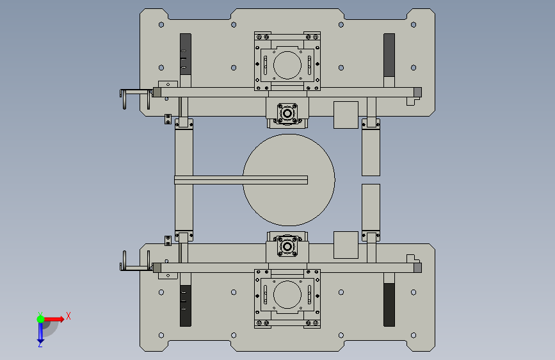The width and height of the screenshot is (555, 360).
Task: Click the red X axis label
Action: tap(68, 316)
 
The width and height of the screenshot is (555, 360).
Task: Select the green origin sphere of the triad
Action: tap(41, 319)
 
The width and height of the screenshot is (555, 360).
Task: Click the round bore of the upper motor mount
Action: tap(287, 65)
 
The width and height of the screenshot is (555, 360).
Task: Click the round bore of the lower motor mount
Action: tap(287, 295)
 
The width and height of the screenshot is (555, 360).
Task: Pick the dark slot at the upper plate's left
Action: tap(186, 54)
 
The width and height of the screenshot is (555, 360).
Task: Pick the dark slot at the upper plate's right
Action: tap(389, 55)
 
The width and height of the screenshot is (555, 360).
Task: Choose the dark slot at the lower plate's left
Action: tap(186, 306)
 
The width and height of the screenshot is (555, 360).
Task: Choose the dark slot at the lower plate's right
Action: tap(389, 305)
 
